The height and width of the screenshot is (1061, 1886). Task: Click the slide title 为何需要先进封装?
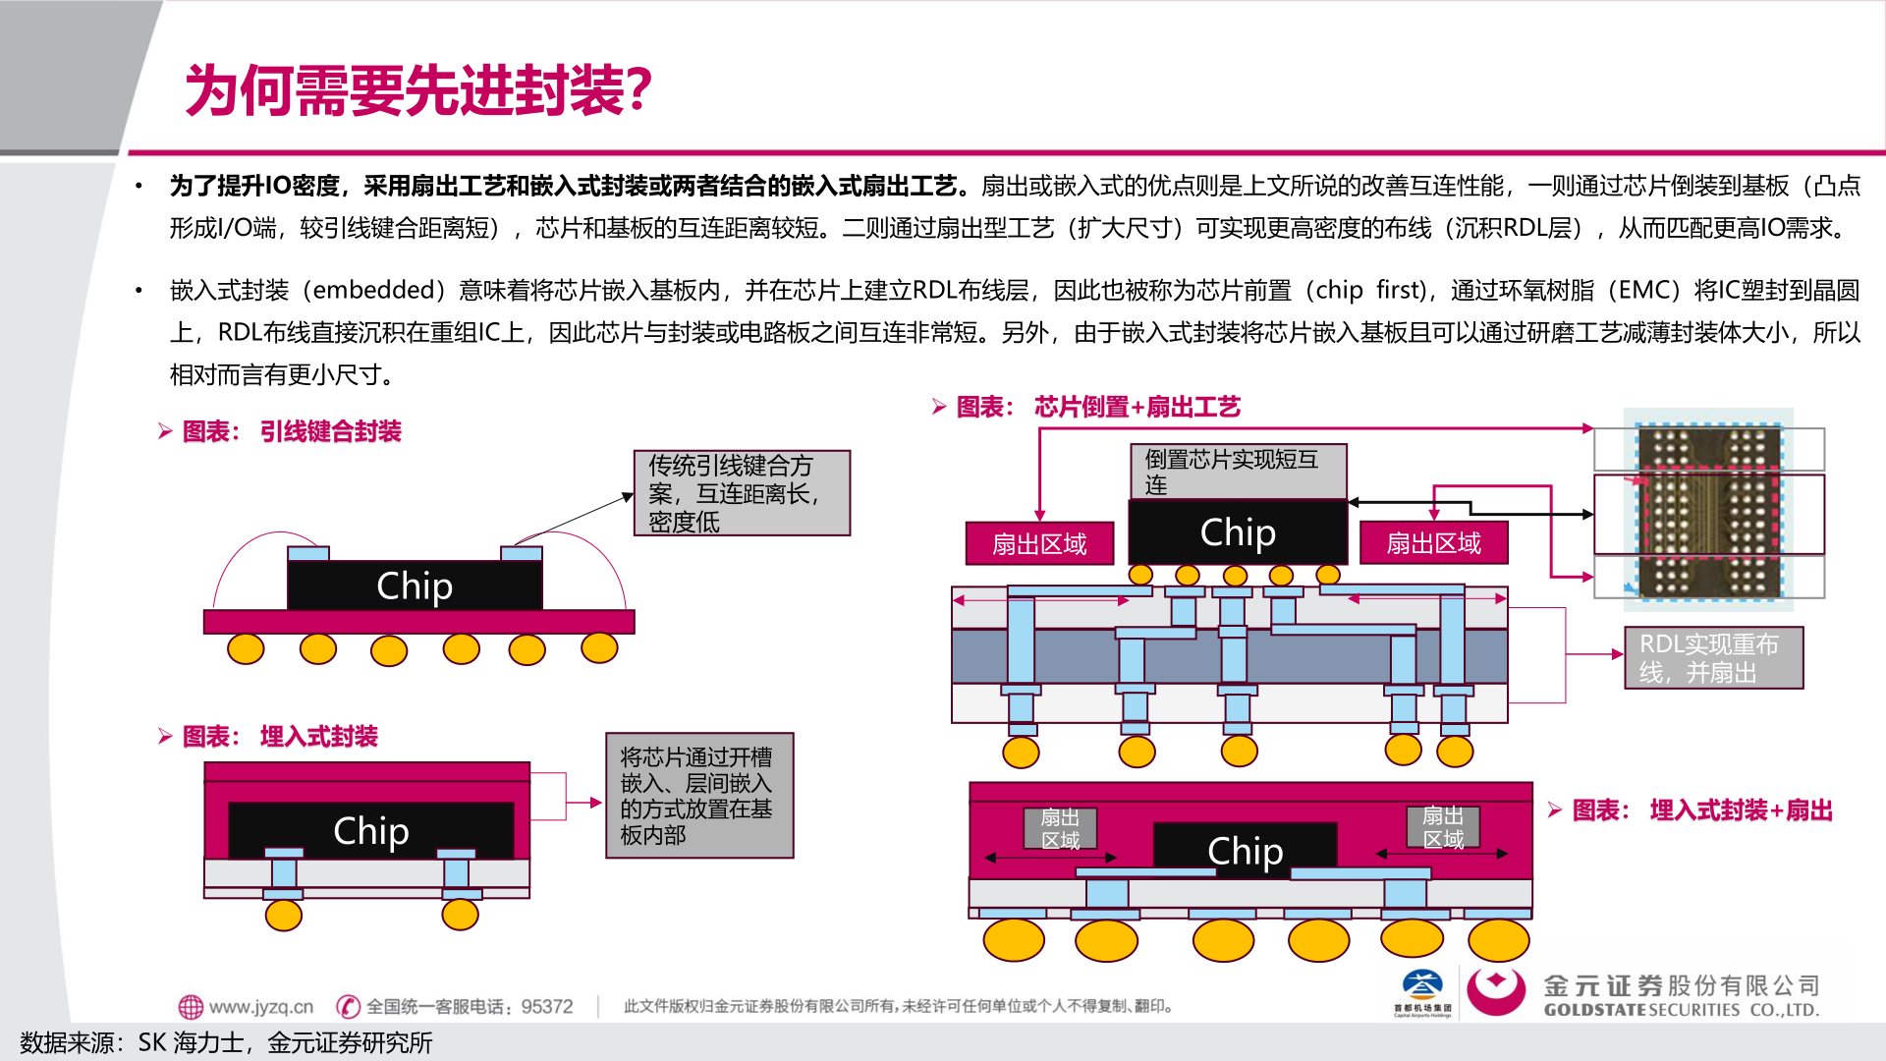(x=418, y=90)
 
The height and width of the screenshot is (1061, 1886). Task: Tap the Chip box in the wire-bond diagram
(x=414, y=586)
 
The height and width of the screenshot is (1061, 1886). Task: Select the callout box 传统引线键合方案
(x=742, y=493)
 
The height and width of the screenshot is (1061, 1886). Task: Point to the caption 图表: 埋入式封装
(x=280, y=737)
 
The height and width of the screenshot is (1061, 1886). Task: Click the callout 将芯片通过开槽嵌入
(x=698, y=796)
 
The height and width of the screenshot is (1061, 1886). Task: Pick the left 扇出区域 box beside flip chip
(x=1039, y=543)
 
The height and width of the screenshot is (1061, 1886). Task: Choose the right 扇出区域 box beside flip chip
(x=1433, y=543)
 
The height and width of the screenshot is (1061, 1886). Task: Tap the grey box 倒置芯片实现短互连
(x=1238, y=472)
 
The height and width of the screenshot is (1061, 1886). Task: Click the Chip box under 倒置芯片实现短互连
(x=1238, y=532)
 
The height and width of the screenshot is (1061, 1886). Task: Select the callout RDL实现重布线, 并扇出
(x=1713, y=658)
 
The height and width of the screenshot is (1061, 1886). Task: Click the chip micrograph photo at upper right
(x=1708, y=511)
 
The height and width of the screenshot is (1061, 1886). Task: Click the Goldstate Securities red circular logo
(x=1496, y=990)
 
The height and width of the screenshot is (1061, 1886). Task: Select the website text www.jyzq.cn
(x=260, y=1007)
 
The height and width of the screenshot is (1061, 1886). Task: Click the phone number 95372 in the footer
(x=546, y=1007)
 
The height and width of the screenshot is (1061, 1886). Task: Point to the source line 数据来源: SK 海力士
(x=226, y=1042)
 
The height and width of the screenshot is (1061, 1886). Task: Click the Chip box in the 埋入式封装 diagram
(x=370, y=831)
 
